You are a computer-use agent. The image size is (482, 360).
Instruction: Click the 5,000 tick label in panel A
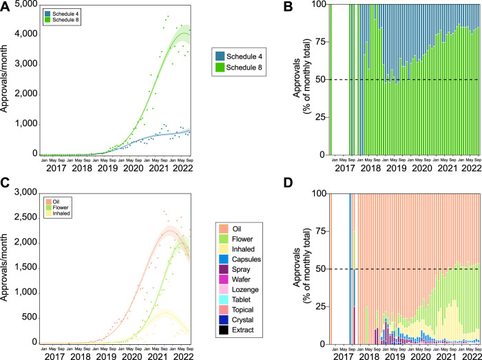(x=25, y=5)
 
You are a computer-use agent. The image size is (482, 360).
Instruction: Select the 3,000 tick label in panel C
(x=25, y=193)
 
